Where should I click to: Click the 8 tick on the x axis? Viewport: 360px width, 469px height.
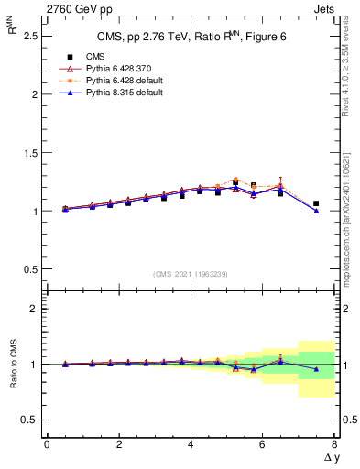point(334,444)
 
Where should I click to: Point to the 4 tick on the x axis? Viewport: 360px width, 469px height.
point(191,444)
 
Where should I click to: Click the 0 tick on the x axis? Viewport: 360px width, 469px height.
point(47,444)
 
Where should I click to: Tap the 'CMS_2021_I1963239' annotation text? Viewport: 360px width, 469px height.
point(190,274)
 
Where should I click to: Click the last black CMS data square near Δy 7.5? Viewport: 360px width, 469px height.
point(316,203)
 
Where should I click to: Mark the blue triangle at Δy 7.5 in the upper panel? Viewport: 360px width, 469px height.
point(316,211)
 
